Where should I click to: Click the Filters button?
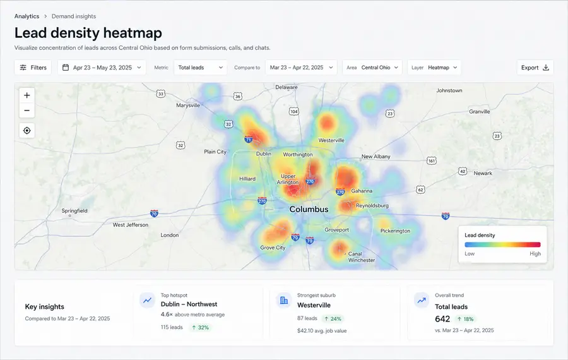pyautogui.click(x=33, y=68)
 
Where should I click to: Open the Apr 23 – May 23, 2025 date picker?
pyautogui.click(x=102, y=68)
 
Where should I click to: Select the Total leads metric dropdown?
pyautogui.click(x=200, y=68)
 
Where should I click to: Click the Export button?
pyautogui.click(x=535, y=68)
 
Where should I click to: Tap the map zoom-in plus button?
pyautogui.click(x=27, y=95)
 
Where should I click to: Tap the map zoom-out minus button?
pyautogui.click(x=27, y=111)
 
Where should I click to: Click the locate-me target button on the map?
pyautogui.click(x=27, y=131)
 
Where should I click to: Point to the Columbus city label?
pyautogui.click(x=309, y=209)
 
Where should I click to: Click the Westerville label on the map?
pyautogui.click(x=331, y=140)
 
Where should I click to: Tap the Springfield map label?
pyautogui.click(x=74, y=211)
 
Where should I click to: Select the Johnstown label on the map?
pyautogui.click(x=449, y=90)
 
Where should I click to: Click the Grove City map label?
pyautogui.click(x=273, y=248)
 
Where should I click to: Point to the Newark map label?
pyautogui.click(x=483, y=173)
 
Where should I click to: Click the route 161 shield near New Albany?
pyautogui.click(x=432, y=160)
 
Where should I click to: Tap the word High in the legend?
pyautogui.click(x=535, y=253)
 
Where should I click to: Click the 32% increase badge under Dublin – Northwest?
pyautogui.click(x=200, y=327)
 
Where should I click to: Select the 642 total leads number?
pyautogui.click(x=442, y=319)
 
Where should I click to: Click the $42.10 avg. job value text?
pyautogui.click(x=322, y=331)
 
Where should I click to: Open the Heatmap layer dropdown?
pyautogui.click(x=434, y=68)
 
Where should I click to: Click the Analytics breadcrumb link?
pyautogui.click(x=27, y=16)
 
